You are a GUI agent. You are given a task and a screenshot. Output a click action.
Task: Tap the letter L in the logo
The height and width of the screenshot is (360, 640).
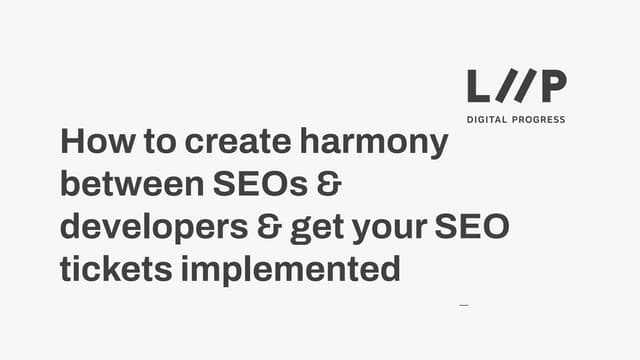coord(479,87)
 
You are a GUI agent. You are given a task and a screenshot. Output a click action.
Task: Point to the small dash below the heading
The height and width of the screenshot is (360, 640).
coord(463,304)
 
